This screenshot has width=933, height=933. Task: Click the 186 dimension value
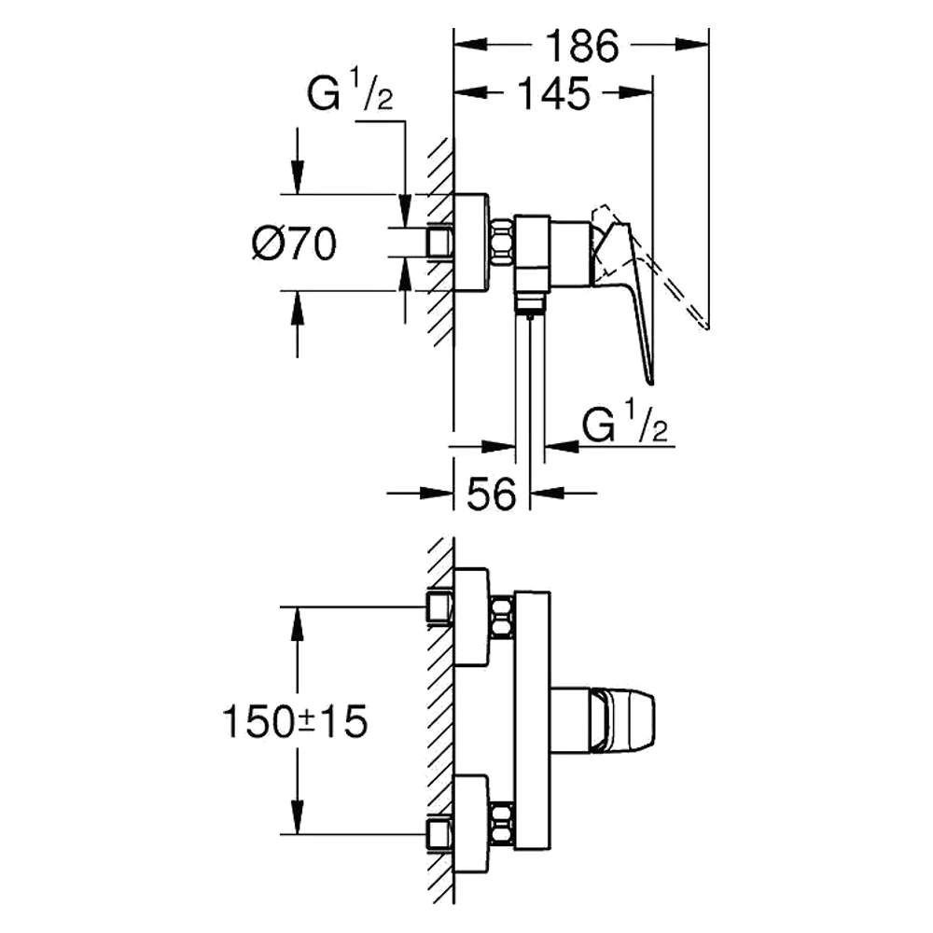(582, 46)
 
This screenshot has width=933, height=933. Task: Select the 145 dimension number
(554, 93)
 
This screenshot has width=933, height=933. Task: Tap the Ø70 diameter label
(294, 244)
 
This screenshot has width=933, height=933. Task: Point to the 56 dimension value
(491, 494)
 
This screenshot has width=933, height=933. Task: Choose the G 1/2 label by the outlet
(624, 422)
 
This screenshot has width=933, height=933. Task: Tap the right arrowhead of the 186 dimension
(692, 45)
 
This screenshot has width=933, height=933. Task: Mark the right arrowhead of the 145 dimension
(636, 92)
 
